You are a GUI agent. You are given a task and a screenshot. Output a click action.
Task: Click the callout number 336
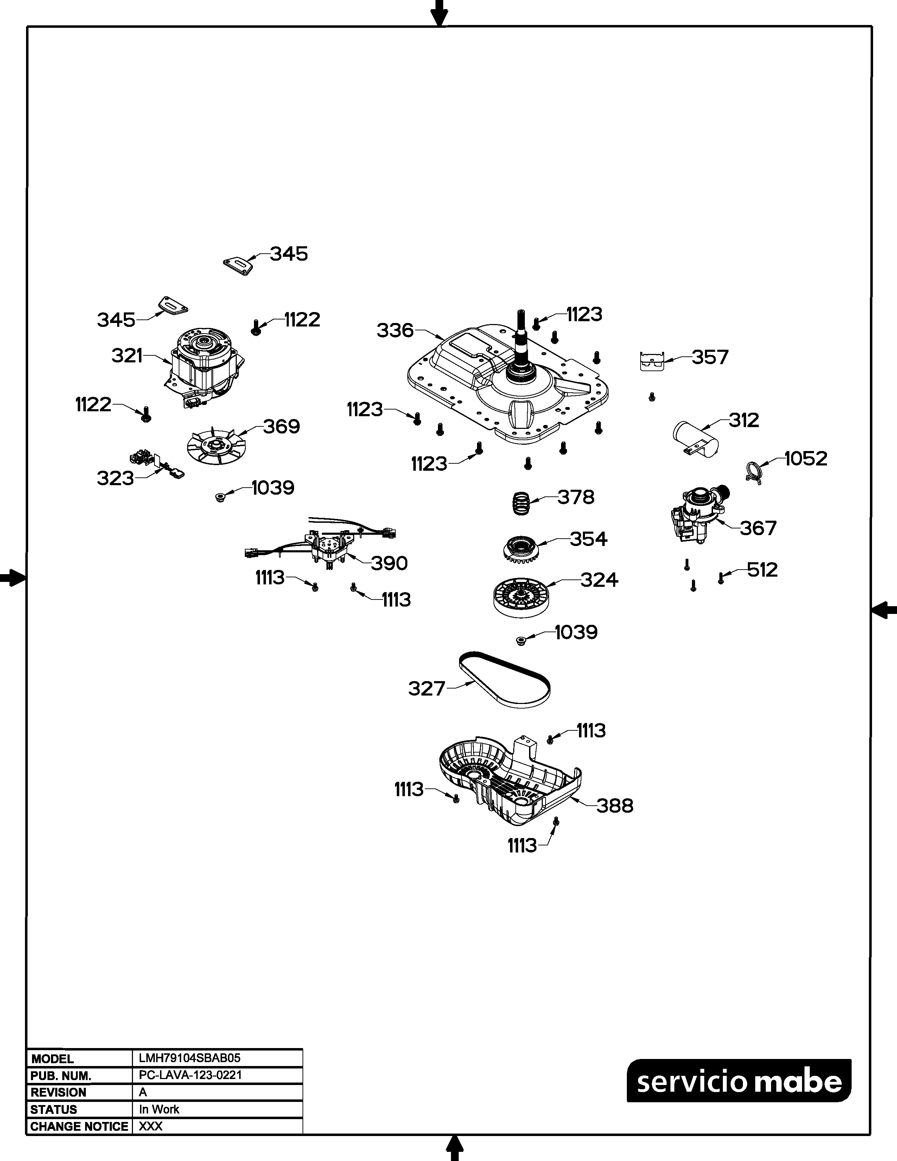tap(395, 331)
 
